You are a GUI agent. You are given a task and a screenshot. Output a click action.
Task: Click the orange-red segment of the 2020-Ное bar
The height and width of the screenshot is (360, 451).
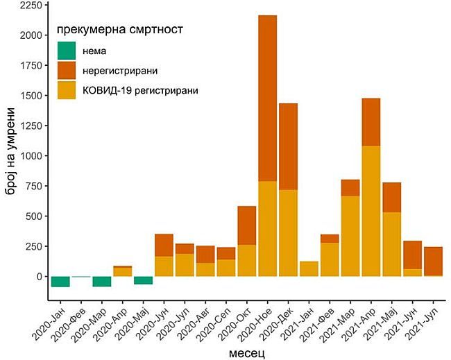tap(267, 98)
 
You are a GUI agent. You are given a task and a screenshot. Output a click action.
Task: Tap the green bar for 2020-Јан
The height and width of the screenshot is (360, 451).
tap(60, 281)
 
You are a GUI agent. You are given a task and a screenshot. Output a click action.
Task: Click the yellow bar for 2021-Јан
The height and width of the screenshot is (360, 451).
tap(309, 268)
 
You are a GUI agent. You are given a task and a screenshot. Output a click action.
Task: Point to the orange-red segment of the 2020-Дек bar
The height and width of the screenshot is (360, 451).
tap(288, 146)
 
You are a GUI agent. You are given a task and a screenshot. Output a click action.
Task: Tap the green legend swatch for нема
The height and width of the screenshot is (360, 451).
tap(67, 51)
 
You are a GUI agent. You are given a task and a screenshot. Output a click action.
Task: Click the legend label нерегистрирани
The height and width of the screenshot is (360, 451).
tap(119, 71)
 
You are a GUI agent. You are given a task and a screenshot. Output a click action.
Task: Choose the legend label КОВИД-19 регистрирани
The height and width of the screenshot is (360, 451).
tap(140, 90)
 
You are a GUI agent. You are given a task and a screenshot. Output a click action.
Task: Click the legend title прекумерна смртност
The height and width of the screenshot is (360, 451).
tap(119, 30)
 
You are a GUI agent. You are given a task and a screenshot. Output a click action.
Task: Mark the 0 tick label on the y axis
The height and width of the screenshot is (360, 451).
tap(39, 276)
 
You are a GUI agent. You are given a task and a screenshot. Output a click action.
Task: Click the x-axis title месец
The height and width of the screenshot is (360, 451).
tap(247, 352)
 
